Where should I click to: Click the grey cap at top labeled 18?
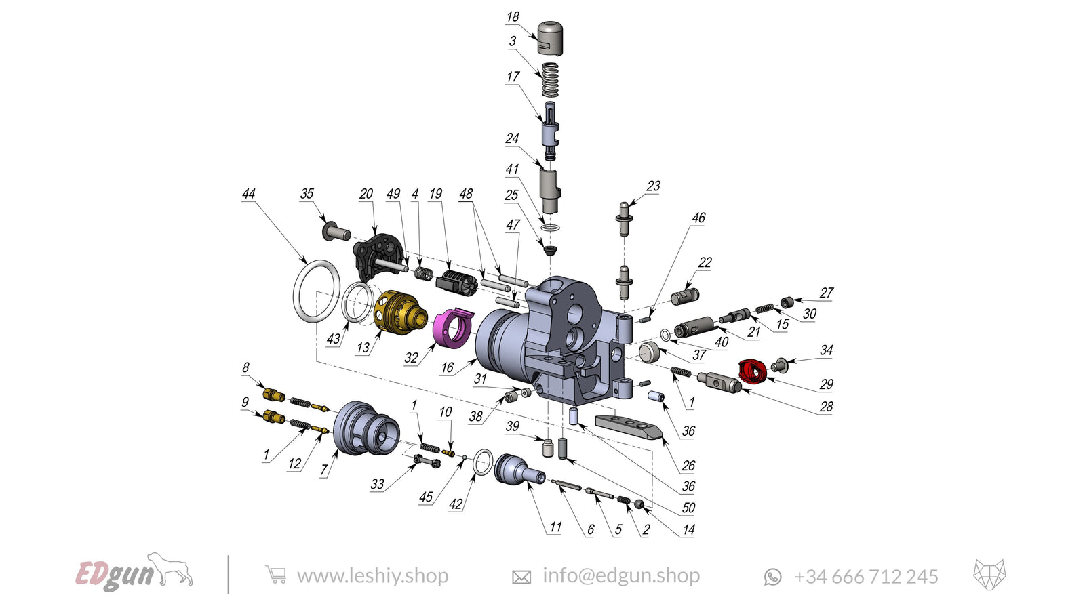550,38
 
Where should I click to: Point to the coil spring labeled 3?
550,79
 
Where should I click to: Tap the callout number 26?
688,466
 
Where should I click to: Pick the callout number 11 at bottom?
555,527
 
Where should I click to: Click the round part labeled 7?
367,428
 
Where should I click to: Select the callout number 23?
653,186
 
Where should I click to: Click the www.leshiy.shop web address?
372,576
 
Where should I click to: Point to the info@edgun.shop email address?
620,576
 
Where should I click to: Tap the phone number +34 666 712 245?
865,577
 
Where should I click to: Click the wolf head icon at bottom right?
989,575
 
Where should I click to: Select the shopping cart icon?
275,575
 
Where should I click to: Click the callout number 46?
698,218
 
